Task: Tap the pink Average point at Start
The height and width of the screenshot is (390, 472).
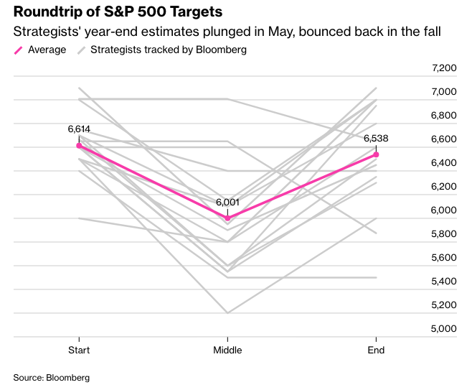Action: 79,145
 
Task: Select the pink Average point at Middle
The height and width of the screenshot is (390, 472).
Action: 227,218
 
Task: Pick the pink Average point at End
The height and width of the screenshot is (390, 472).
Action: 376,154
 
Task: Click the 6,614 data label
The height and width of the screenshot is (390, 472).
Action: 79,129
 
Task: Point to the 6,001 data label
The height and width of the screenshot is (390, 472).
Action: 227,203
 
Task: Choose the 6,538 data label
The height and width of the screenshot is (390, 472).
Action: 376,139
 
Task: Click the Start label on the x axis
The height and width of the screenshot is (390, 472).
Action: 79,350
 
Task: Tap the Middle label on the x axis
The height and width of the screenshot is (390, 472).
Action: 227,350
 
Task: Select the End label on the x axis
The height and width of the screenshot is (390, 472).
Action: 376,350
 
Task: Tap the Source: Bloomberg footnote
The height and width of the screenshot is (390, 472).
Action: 51,376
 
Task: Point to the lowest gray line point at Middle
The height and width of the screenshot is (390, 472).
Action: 227,312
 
